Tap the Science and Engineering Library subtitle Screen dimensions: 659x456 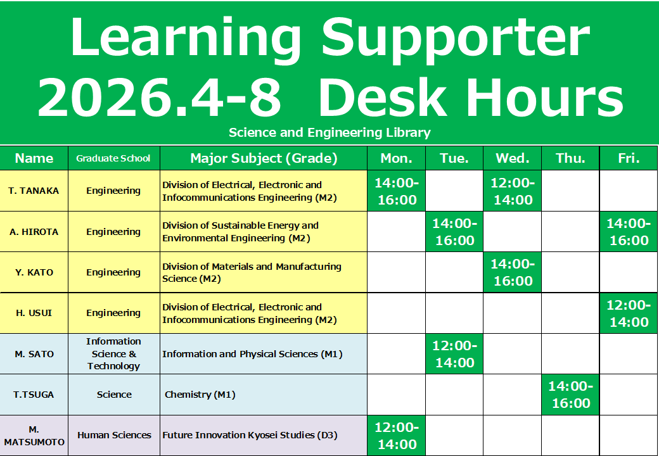329,133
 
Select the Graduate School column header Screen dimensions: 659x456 113,158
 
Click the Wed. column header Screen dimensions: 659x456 513,158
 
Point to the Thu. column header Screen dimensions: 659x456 570,158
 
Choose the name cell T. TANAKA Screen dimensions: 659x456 34,191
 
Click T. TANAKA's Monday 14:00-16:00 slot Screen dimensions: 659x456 396,191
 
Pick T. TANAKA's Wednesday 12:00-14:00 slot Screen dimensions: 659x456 513,191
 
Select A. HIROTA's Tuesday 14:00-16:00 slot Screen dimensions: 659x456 454,232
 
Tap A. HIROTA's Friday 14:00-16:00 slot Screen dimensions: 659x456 629,232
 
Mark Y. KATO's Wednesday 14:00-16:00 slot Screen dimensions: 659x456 513,272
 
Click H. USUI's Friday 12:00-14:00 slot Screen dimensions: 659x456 629,313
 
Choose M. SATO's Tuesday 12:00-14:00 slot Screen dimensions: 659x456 454,354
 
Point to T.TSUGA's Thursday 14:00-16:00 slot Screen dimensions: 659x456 570,395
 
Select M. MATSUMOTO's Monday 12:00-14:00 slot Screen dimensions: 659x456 396,436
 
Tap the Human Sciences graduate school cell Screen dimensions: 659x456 114,436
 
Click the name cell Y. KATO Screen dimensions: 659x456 34,272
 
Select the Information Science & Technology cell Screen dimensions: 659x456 113,353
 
